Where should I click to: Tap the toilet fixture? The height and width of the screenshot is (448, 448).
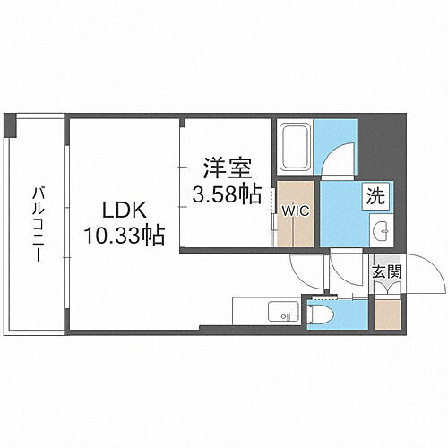[319, 314]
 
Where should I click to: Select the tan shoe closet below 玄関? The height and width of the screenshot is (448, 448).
[386, 314]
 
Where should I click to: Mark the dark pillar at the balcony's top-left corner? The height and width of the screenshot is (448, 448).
[10, 125]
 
